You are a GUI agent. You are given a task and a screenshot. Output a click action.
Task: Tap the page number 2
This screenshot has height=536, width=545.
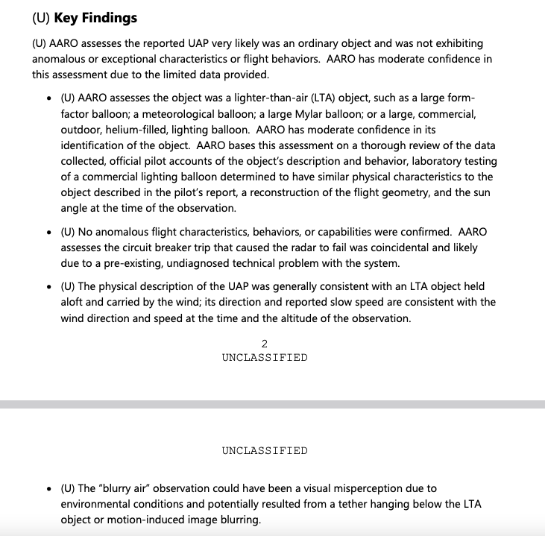[x=264, y=344]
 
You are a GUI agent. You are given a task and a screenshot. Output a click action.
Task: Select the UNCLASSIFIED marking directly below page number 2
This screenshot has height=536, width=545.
[x=264, y=357]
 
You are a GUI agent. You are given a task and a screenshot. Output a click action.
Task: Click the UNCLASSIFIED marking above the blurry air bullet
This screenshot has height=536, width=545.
[x=264, y=450]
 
